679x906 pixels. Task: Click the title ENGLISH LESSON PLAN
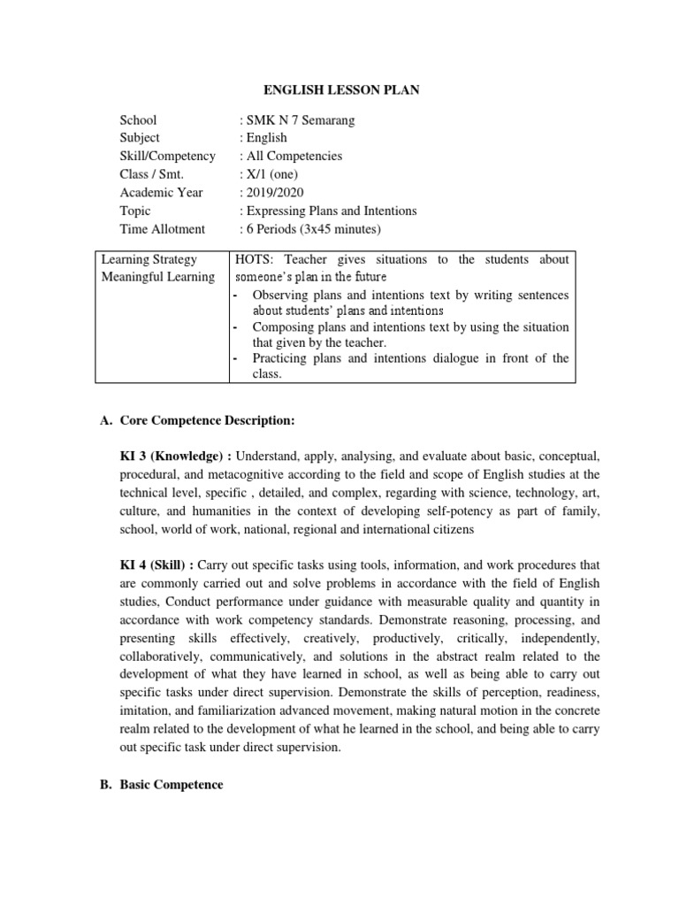(339, 89)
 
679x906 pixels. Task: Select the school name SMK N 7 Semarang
(298, 120)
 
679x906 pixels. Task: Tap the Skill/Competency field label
(167, 157)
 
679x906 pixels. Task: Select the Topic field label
(135, 211)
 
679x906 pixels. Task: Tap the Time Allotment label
(162, 229)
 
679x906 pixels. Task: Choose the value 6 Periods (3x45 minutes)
(312, 229)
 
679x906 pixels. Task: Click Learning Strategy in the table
(149, 259)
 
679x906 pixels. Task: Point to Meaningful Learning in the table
(157, 277)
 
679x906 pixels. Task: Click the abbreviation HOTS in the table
(253, 259)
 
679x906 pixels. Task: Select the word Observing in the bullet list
(280, 295)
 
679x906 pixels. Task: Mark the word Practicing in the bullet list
(280, 358)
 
